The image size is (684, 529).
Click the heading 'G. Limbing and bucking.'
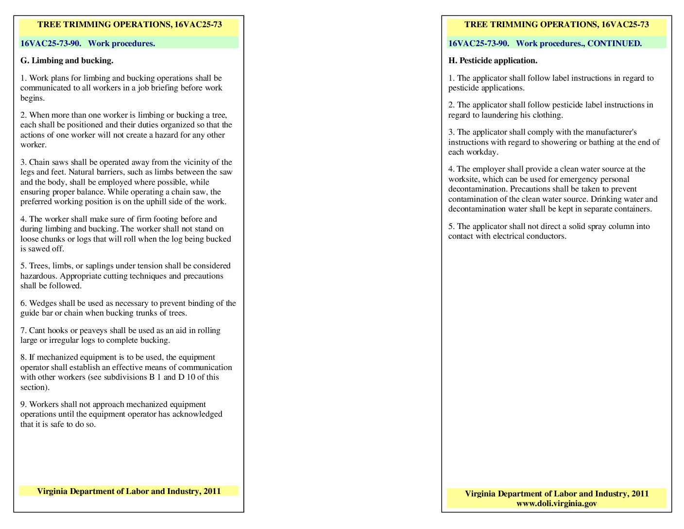tap(67, 61)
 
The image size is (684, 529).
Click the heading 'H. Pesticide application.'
tap(493, 61)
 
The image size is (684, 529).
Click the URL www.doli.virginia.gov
tap(556, 504)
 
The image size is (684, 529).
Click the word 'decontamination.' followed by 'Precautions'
tap(478, 189)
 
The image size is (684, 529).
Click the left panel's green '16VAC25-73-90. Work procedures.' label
tap(87, 43)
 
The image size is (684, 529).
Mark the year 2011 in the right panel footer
tap(640, 494)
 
